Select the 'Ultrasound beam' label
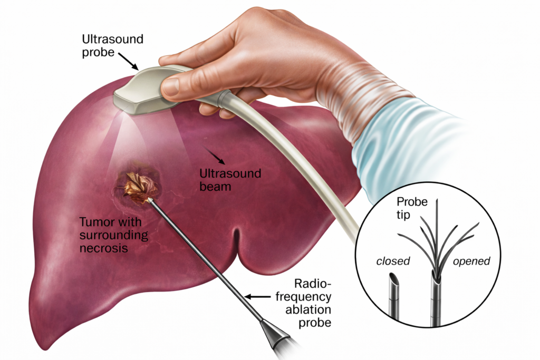click(230, 179)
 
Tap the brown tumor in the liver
click(140, 187)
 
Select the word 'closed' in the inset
click(392, 261)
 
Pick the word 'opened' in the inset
click(472, 261)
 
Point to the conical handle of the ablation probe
click(275, 334)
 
